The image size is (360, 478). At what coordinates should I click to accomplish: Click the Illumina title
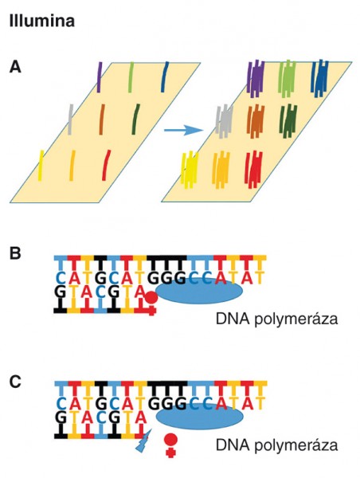[x=42, y=22]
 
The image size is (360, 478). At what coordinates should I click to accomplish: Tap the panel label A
[x=15, y=67]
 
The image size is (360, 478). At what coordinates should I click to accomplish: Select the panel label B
[x=15, y=253]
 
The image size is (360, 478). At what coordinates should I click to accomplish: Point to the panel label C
[x=15, y=381]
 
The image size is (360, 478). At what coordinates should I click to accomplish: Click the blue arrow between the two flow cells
[x=183, y=131]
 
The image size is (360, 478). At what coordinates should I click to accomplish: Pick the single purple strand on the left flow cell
[x=100, y=77]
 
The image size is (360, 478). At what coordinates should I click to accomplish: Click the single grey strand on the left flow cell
[x=70, y=119]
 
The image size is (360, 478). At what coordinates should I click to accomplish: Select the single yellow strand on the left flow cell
[x=41, y=165]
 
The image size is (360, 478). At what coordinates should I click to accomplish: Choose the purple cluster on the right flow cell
[x=256, y=78]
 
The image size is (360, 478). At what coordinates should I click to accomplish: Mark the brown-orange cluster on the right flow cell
[x=256, y=122]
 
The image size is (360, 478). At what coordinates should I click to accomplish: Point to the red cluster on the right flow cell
[x=253, y=170]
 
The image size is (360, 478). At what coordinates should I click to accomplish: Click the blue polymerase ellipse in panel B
[x=199, y=292]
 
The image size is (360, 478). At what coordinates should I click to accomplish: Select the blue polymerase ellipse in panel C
[x=199, y=417]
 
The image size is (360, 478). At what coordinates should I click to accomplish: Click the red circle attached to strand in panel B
[x=151, y=296]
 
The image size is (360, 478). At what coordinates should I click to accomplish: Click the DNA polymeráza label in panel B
[x=277, y=319]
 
